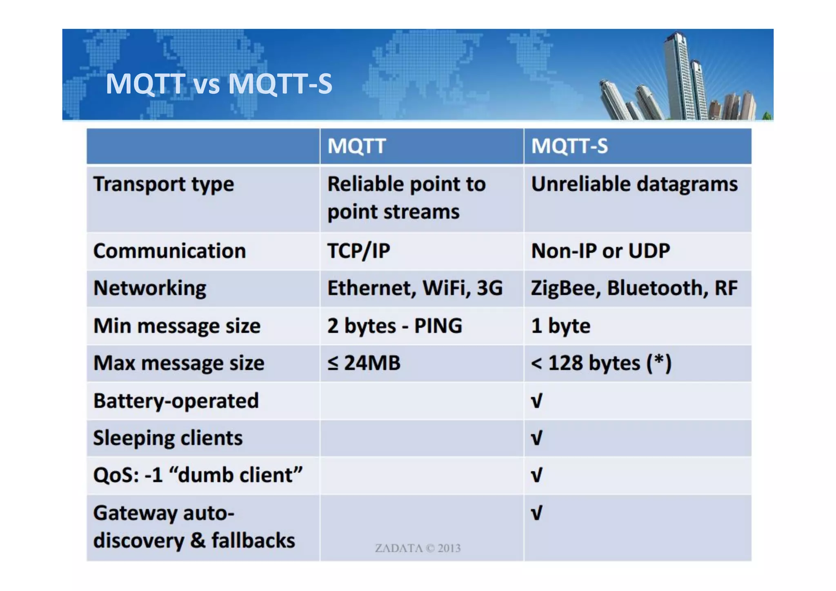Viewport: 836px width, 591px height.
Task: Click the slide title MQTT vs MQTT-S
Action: pos(219,84)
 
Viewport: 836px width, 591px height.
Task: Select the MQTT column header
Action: pos(356,146)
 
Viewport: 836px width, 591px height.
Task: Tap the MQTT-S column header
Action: pos(569,146)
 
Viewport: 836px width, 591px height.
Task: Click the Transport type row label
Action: pos(164,184)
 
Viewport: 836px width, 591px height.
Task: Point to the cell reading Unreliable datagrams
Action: pos(634,184)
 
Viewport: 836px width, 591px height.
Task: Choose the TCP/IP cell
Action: pos(358,251)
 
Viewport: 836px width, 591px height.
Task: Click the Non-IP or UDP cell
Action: pos(600,251)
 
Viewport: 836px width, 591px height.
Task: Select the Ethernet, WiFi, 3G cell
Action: pos(415,288)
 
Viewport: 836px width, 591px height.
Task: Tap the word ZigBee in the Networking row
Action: pos(565,288)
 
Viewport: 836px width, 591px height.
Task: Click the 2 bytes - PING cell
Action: pos(394,326)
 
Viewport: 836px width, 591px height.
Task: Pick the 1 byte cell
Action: pos(560,326)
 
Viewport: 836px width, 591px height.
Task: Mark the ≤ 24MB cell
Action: pos(364,363)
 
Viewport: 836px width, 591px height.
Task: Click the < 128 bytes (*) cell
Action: pos(601,363)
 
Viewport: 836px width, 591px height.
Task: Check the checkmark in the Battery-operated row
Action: pos(536,401)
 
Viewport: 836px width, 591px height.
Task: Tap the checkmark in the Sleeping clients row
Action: pos(536,438)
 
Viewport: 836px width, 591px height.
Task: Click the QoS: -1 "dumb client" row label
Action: pos(198,475)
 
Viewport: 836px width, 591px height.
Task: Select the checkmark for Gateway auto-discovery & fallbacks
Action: pos(536,513)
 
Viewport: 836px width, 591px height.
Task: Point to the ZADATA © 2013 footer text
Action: pos(418,548)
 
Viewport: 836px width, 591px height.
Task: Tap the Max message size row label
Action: pos(179,363)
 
